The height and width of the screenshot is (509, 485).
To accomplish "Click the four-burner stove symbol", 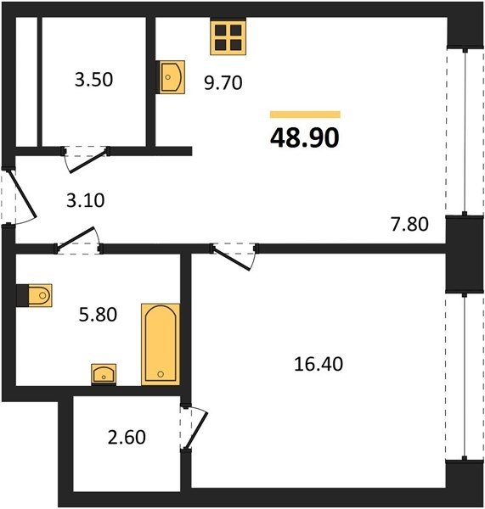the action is coord(228,37).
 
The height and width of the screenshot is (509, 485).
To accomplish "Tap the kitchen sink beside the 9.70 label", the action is coord(172,77).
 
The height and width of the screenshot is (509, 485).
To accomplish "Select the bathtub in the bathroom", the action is coord(161,344).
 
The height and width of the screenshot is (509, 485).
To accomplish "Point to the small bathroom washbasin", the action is coord(104,374).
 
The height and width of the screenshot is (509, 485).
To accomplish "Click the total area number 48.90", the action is coord(305,137).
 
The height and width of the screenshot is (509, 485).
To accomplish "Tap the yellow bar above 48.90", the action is coord(305,115).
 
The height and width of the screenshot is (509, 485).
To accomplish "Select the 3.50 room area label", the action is coord(94,80).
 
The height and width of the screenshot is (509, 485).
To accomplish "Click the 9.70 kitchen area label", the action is coord(223,82).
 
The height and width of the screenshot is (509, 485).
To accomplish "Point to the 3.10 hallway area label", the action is coord(86,200).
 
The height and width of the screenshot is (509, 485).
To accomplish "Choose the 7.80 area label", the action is coord(409,224).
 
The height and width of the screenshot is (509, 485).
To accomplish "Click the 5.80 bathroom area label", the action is coord(98,315).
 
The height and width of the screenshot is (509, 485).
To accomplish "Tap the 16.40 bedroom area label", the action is coord(319,364).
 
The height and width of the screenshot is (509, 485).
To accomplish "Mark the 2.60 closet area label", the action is coord(127,437).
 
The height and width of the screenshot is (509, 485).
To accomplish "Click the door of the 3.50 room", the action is coord(87,160).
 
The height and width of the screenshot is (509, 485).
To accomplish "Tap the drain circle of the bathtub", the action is coord(161,374).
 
